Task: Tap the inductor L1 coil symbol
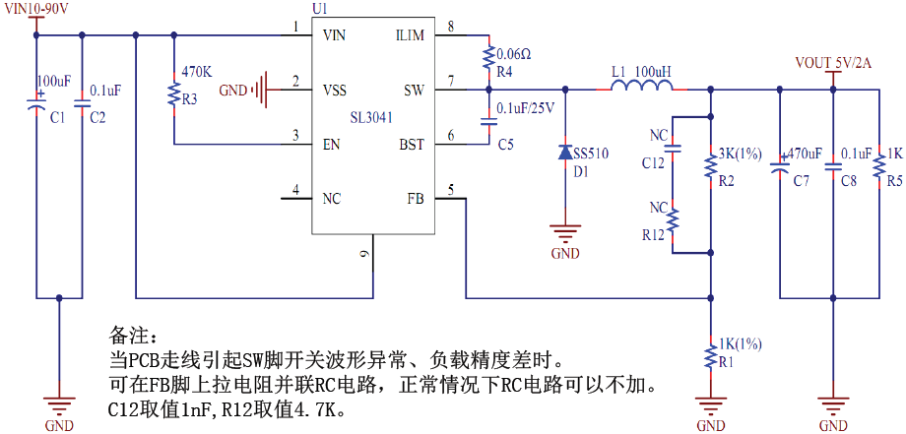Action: (x=642, y=90)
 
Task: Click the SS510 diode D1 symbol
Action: (x=565, y=153)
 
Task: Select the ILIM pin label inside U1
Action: (x=409, y=35)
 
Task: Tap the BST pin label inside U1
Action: (x=411, y=145)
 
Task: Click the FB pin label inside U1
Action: (x=415, y=198)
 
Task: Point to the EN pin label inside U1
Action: (x=332, y=145)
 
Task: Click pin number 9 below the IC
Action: (x=364, y=254)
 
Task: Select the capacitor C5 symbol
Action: (x=488, y=122)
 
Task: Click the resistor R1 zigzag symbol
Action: (x=710, y=355)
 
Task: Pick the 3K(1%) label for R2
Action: (x=741, y=154)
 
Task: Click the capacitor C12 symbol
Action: (x=673, y=151)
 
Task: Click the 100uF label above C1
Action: (x=53, y=80)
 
